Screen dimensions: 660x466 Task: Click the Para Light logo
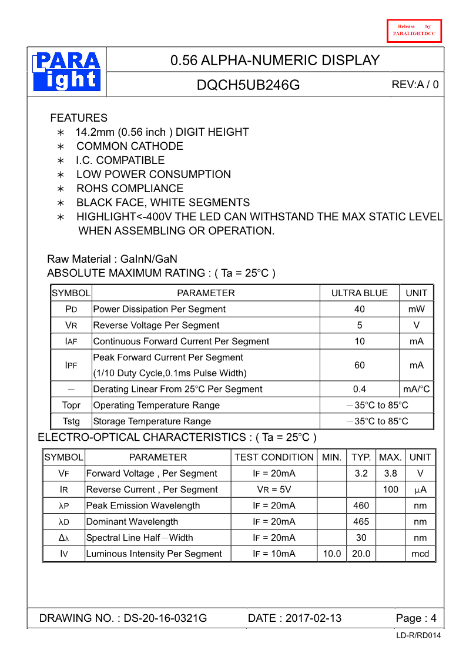click(67, 72)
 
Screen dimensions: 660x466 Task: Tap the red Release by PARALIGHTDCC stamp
click(414, 31)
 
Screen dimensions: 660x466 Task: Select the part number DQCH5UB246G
click(248, 85)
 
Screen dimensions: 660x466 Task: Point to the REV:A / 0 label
click(415, 85)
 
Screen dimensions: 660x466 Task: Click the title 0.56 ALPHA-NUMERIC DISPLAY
click(275, 60)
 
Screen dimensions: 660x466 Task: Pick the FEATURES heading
click(79, 118)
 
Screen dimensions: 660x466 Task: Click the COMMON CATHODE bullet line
click(129, 146)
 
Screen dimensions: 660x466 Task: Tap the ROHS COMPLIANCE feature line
click(129, 188)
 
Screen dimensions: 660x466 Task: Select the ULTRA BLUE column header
click(360, 293)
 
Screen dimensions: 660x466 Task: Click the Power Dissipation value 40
click(360, 309)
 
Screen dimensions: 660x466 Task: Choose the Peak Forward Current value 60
click(360, 365)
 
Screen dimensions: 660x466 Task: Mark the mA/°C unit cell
click(417, 389)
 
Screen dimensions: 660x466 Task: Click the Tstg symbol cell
click(71, 421)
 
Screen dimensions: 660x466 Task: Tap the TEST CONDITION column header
click(274, 457)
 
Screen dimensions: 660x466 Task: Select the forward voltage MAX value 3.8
click(390, 473)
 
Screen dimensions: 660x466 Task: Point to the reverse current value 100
click(390, 489)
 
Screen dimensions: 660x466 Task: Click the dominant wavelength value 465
click(361, 521)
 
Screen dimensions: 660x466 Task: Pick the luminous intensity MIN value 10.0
click(332, 554)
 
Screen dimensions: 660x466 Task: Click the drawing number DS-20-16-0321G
click(165, 618)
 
